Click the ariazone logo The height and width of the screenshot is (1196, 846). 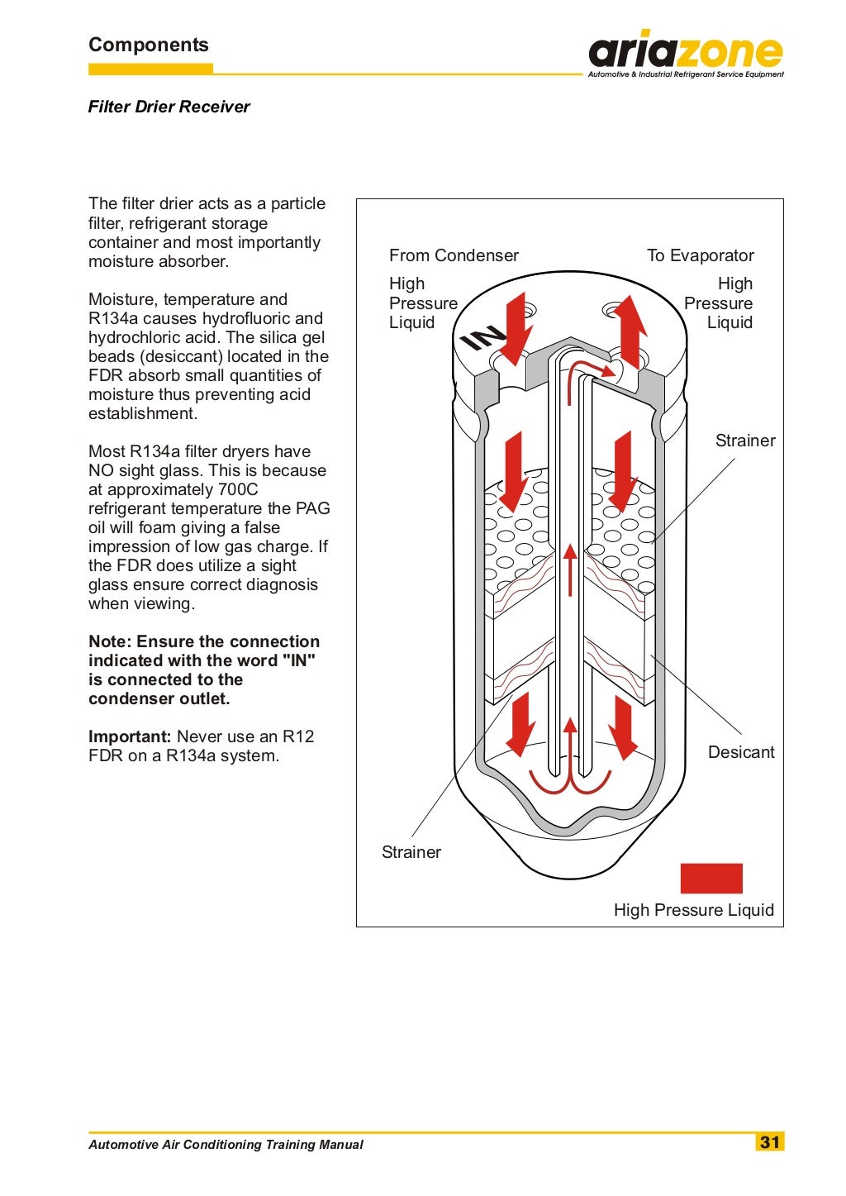[x=685, y=55]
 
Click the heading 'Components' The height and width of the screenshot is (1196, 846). [x=149, y=45]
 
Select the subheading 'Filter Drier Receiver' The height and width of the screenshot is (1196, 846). [x=169, y=107]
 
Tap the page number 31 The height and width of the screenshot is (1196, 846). [x=769, y=1142]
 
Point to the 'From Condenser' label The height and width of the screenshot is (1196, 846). [x=454, y=255]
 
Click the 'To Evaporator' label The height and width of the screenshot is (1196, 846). [x=700, y=255]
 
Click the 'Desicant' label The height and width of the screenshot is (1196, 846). [x=741, y=752]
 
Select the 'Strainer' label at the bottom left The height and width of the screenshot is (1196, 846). [x=411, y=852]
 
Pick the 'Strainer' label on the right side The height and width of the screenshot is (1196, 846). [x=744, y=441]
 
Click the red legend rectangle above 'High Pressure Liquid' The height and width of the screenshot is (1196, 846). [x=711, y=879]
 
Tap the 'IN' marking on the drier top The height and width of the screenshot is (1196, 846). [x=482, y=337]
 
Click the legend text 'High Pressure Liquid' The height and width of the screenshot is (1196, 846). [x=693, y=910]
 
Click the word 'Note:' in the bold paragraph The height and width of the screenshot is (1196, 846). [x=110, y=641]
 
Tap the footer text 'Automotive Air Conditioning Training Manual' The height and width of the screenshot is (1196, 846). [x=226, y=1145]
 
